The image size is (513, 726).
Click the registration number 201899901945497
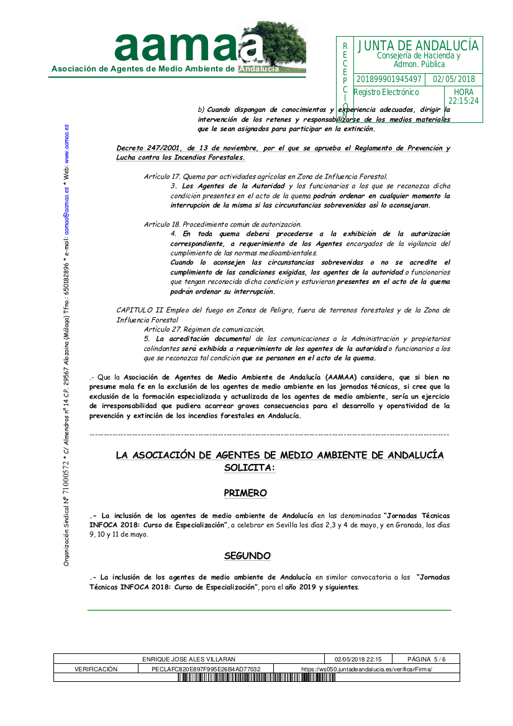[x=389, y=79]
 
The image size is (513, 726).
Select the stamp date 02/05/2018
[x=454, y=79]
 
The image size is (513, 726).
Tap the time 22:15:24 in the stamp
[x=463, y=101]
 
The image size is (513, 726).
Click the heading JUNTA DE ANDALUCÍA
[x=418, y=46]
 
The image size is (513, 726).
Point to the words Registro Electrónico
[x=386, y=93]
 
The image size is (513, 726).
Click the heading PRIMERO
[x=245, y=493]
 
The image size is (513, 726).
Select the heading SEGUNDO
[x=247, y=555]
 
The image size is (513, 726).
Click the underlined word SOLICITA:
[x=249, y=468]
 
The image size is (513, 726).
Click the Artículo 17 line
[x=265, y=177]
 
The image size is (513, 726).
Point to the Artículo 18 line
[x=222, y=224]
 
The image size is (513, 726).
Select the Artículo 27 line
[x=204, y=329]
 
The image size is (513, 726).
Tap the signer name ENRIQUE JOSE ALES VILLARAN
[x=189, y=659]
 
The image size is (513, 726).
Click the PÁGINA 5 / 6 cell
[x=426, y=659]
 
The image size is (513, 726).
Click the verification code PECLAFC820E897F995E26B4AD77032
[x=206, y=669]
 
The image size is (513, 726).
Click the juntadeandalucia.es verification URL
[x=366, y=669]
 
